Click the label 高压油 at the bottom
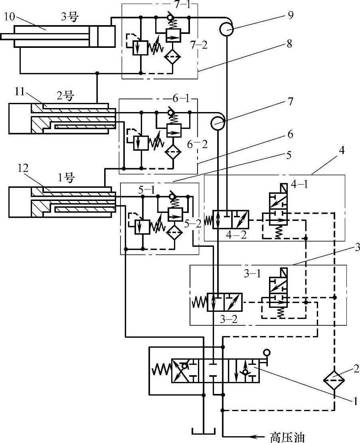pos(287,437)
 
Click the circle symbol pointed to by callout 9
pos(226,30)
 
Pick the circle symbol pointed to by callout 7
pos(218,122)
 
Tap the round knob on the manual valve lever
pos(266,352)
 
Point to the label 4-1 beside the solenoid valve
pos(300,185)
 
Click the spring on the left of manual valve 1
pos(161,371)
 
